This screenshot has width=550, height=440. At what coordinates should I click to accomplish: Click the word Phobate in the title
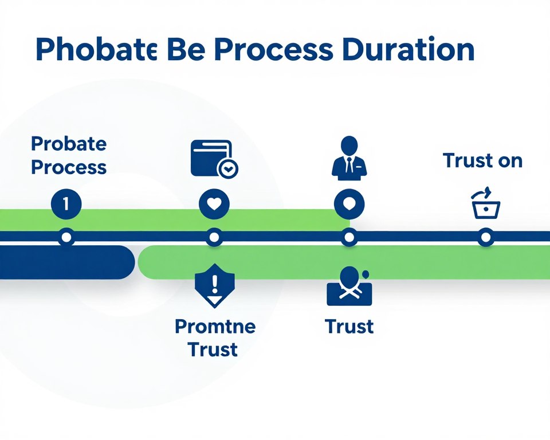[x=96, y=49]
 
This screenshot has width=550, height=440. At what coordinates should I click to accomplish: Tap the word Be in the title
[x=186, y=49]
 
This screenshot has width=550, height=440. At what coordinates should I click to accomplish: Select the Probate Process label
[x=69, y=155]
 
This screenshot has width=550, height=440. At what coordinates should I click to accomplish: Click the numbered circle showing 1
[x=66, y=204]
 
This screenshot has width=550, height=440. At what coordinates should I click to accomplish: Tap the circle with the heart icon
[x=214, y=204]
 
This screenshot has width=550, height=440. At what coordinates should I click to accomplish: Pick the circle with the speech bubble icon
[x=349, y=204]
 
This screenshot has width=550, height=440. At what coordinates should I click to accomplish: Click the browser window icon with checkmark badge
[x=214, y=159]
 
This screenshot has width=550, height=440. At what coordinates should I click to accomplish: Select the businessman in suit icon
[x=349, y=158]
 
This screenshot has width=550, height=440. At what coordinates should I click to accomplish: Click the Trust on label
[x=482, y=160]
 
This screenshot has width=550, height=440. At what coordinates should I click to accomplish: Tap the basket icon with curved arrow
[x=485, y=203]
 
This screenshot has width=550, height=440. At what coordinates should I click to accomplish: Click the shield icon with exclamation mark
[x=215, y=286]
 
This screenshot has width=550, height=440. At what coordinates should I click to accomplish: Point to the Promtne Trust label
[x=215, y=337]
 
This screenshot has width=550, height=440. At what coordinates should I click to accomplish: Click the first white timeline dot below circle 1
[x=66, y=238]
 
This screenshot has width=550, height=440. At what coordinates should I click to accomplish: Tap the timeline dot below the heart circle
[x=214, y=238]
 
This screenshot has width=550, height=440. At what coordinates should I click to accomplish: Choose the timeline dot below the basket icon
[x=486, y=238]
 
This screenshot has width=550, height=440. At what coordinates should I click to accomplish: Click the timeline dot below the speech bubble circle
[x=349, y=238]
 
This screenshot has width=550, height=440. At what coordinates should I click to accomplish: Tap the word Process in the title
[x=273, y=49]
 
